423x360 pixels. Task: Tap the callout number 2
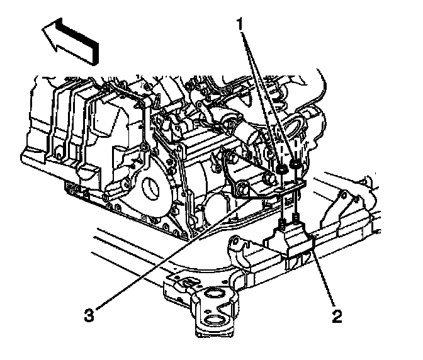pyautogui.click(x=337, y=313)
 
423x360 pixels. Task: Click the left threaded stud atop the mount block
pyautogui.click(x=283, y=221)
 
